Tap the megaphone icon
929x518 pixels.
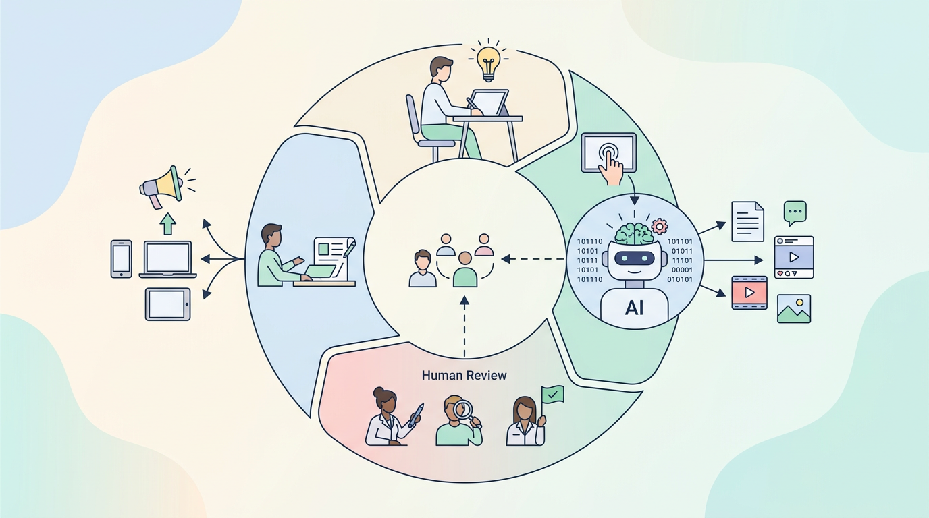click(x=163, y=186)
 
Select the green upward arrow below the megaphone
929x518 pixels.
click(x=167, y=224)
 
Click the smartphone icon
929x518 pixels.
click(x=121, y=259)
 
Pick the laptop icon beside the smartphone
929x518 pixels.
click(x=167, y=260)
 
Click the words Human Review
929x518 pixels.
click(x=464, y=376)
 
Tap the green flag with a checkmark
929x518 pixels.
click(x=552, y=394)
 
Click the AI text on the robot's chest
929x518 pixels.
click(x=634, y=308)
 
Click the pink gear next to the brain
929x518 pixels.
click(x=660, y=226)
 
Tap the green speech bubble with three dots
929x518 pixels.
click(x=795, y=212)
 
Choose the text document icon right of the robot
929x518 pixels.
click(x=748, y=221)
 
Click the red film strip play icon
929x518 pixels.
click(x=749, y=293)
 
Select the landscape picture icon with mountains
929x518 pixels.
click(x=794, y=309)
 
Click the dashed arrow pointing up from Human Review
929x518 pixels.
click(x=464, y=326)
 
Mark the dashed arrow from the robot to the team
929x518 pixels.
click(x=533, y=260)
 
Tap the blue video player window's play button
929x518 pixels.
click(x=794, y=258)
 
